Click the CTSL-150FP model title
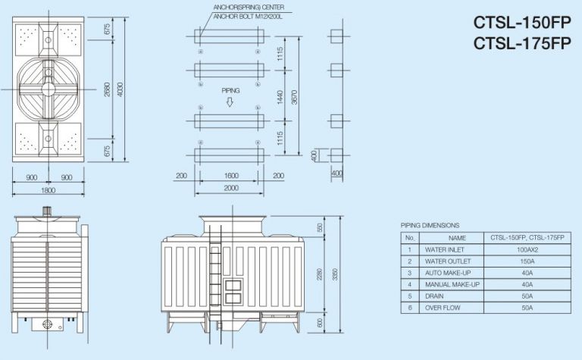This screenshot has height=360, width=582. pyautogui.click(x=522, y=23)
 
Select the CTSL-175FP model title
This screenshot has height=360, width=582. pyautogui.click(x=522, y=43)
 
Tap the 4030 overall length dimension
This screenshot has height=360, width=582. pyautogui.click(x=120, y=89)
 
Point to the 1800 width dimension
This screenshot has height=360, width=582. pyautogui.click(x=48, y=190)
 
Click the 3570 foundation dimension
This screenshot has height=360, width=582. pyautogui.click(x=294, y=97)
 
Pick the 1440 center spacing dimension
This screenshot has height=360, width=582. pyautogui.click(x=280, y=97)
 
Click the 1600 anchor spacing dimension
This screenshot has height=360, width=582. pyautogui.click(x=231, y=176)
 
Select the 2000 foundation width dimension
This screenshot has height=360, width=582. pyautogui.click(x=231, y=188)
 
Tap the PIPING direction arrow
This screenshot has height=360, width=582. pyautogui.click(x=230, y=102)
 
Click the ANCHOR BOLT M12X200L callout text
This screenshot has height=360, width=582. pyautogui.click(x=248, y=17)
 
